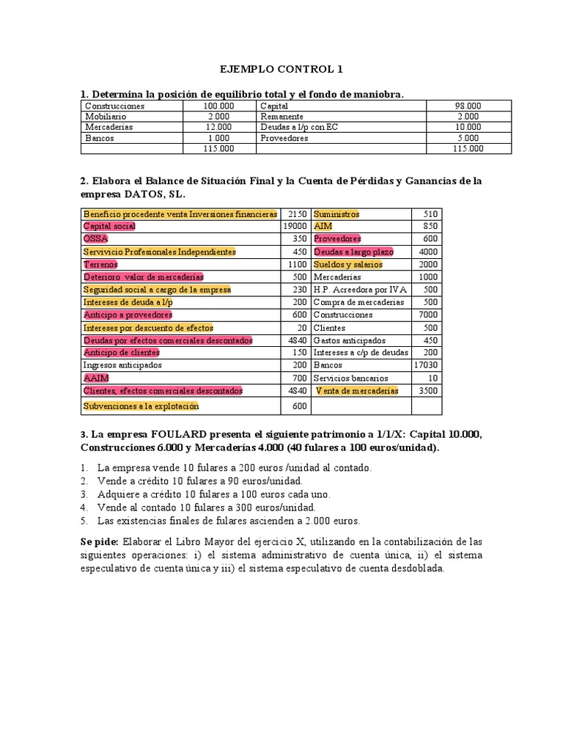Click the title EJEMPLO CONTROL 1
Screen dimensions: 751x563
(x=281, y=70)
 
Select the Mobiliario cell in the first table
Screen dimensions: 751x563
(x=106, y=116)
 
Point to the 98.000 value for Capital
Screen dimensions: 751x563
(x=466, y=106)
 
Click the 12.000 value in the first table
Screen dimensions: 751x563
(x=218, y=127)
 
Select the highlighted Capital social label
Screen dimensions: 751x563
(x=109, y=227)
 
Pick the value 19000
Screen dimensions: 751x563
(x=293, y=227)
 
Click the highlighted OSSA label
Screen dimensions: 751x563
(x=95, y=239)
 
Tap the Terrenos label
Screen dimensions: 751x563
(x=100, y=264)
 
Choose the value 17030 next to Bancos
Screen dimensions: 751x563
(x=425, y=364)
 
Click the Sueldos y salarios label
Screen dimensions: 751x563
(x=347, y=264)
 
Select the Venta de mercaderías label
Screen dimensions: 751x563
(x=357, y=390)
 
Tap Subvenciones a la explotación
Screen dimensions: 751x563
(x=141, y=406)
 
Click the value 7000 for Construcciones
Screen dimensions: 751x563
(x=428, y=315)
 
